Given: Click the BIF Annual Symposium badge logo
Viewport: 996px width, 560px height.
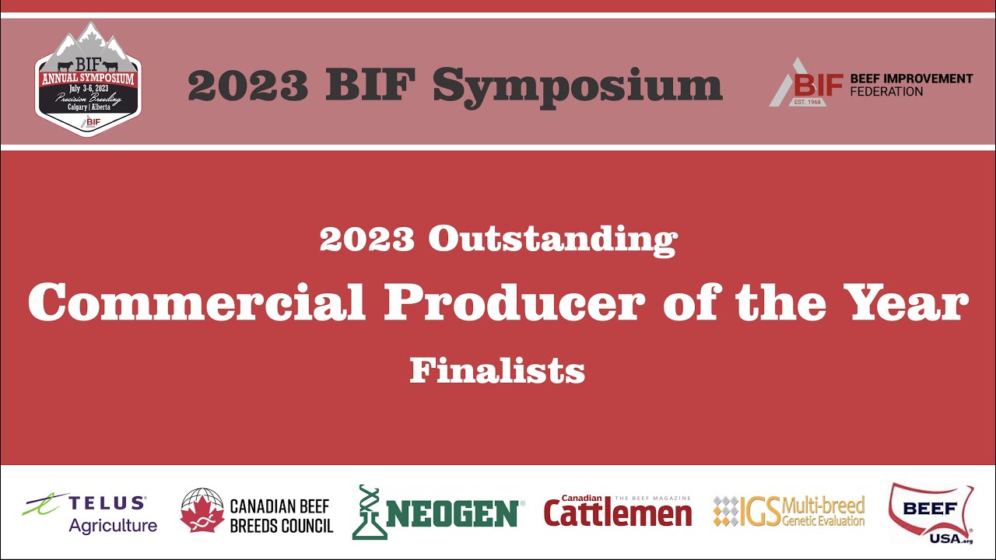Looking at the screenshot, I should click(x=88, y=80).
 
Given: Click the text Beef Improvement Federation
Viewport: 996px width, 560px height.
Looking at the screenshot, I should click(x=922, y=85).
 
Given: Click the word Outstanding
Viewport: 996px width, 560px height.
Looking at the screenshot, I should click(x=552, y=240).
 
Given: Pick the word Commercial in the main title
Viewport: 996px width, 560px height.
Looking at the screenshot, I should click(x=196, y=303).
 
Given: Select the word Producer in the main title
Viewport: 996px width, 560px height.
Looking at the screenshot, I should click(x=514, y=303).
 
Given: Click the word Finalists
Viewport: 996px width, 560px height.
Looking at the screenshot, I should click(x=497, y=371).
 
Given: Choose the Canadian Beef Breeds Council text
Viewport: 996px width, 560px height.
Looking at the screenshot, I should click(x=281, y=516).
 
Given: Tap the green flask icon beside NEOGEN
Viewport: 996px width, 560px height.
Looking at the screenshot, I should click(x=370, y=513).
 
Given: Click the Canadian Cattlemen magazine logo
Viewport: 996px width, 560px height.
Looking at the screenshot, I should click(x=617, y=512).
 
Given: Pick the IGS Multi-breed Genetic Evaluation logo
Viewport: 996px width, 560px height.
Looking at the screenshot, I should click(x=788, y=512).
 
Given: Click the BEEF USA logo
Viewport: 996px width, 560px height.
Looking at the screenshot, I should click(x=930, y=512).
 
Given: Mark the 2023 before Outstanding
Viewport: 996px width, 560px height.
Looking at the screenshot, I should click(x=366, y=240).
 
